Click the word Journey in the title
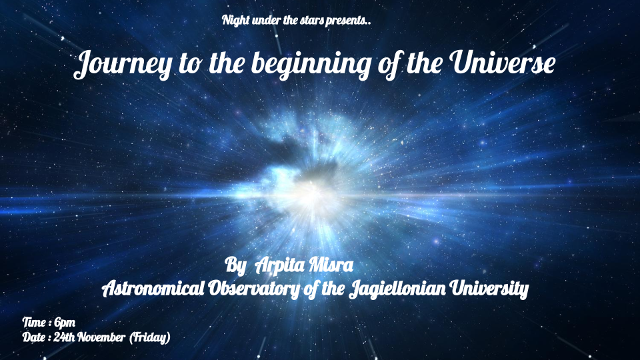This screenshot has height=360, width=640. (123, 65)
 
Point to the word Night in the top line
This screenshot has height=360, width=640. (236, 20)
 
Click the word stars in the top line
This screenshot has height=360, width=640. (312, 21)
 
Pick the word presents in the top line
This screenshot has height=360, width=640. (346, 21)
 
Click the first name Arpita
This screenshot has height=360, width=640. (281, 266)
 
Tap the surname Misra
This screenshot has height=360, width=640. (331, 265)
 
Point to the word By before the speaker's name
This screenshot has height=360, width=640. (235, 266)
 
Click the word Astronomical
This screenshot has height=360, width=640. (153, 289)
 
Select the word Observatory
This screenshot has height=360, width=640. (254, 289)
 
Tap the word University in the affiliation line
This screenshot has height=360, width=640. (489, 289)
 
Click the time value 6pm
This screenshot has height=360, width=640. (65, 323)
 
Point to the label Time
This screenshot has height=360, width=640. (34, 323)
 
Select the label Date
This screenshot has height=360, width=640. (33, 337)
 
